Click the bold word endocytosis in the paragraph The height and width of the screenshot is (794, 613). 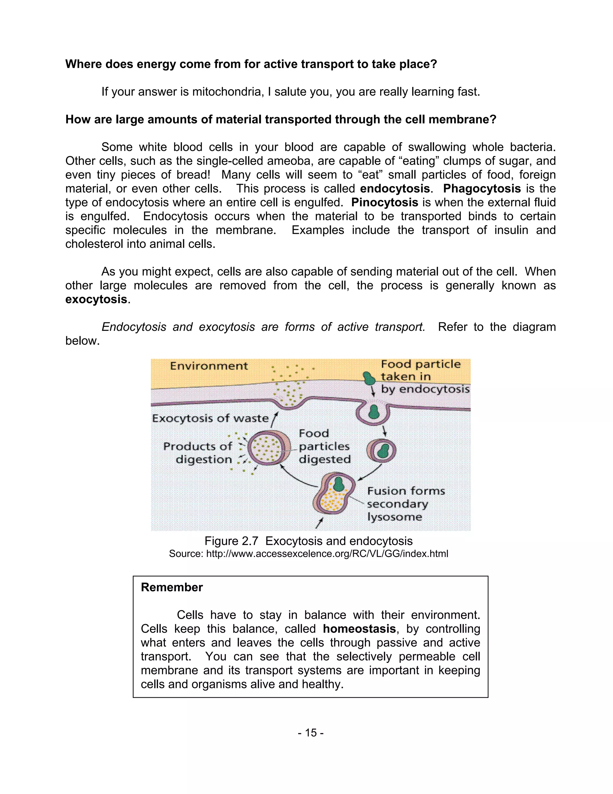coord(395,189)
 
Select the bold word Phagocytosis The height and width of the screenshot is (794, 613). coord(482,189)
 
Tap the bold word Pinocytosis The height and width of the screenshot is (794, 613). coord(385,203)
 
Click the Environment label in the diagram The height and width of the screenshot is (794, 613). coord(209,366)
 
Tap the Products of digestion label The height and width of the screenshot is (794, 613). coord(198,453)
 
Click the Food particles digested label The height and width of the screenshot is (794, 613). coord(324,446)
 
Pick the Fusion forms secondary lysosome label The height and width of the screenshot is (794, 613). coord(406,504)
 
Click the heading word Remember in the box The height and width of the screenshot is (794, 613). coord(172,587)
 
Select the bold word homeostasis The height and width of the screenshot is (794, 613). coord(359,629)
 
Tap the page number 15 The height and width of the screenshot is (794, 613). coord(310,733)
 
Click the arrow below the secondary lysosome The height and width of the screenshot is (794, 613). coord(319,523)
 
